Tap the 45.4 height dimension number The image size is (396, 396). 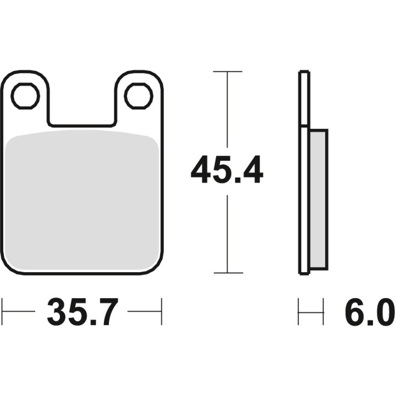click(227, 170)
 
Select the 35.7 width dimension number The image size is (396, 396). click(82, 312)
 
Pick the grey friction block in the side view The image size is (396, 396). click(318, 200)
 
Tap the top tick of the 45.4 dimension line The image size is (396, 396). click(228, 71)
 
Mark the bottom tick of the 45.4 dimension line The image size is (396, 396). click(228, 273)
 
